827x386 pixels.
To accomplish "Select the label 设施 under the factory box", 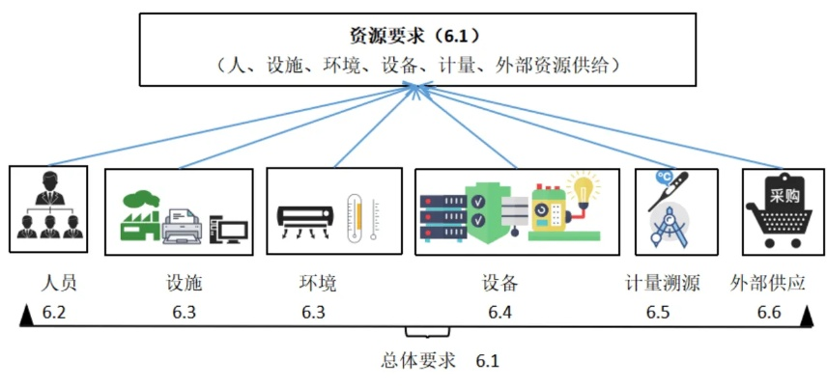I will tap(184, 283).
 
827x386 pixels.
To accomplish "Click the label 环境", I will tap(318, 283).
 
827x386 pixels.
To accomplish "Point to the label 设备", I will tap(500, 283).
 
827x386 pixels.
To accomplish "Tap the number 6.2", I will tap(55, 313).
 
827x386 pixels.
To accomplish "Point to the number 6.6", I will tap(769, 313).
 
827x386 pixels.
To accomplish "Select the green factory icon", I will tap(142, 216).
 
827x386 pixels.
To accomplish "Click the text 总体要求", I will tap(417, 362).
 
